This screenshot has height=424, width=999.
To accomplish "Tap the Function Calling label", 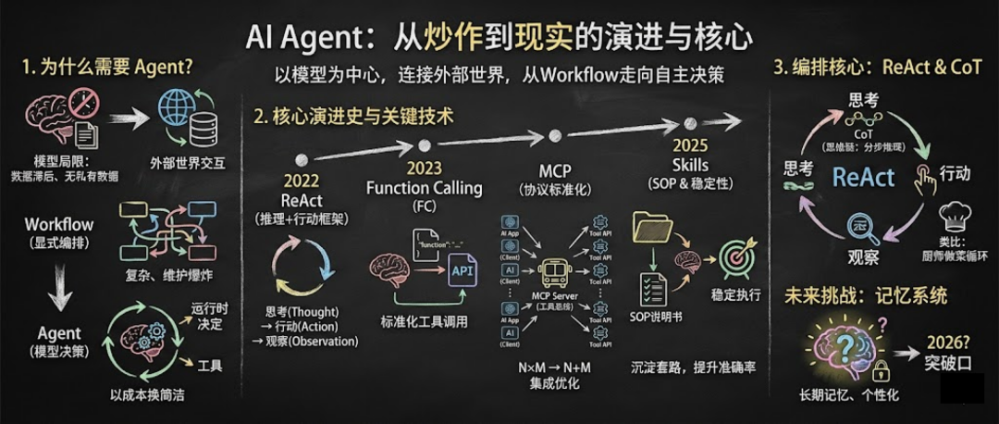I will pyautogui.click(x=424, y=188).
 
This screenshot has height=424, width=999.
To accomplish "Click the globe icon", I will pyautogui.click(x=176, y=108).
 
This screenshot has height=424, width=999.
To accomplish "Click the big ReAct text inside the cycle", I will pyautogui.click(x=864, y=177).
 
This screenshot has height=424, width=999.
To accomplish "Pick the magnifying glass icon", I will pyautogui.click(x=863, y=226).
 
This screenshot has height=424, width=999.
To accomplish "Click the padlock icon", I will pyautogui.click(x=881, y=371).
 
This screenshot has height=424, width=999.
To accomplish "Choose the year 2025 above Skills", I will pyautogui.click(x=690, y=146).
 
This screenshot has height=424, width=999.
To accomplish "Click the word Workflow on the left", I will pyautogui.click(x=58, y=224).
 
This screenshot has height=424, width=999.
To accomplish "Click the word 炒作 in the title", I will pyautogui.click(x=401, y=37).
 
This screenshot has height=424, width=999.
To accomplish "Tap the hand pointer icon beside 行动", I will pyautogui.click(x=921, y=176).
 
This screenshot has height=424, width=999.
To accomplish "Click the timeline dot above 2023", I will pyautogui.click(x=424, y=145).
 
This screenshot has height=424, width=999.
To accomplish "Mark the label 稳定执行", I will pyautogui.click(x=736, y=295).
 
